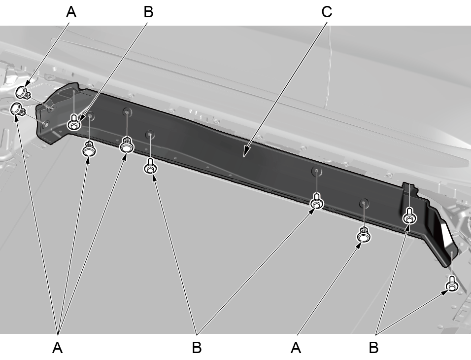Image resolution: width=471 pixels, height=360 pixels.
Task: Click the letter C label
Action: [327, 12]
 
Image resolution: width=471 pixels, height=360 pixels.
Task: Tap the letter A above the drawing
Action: [71, 12]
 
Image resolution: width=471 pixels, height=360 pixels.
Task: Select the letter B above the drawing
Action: [148, 12]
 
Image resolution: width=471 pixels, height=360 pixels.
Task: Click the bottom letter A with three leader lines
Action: [57, 348]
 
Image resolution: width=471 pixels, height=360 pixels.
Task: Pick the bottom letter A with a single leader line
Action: [296, 348]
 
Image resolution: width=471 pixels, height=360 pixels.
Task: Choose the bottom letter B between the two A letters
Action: [197, 348]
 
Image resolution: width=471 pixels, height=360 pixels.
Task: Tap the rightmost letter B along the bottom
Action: [373, 348]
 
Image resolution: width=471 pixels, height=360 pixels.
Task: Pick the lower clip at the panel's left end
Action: [18, 109]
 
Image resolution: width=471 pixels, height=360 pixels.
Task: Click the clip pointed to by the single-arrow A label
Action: [364, 235]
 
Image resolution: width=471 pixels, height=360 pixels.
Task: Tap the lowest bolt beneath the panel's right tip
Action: [452, 284]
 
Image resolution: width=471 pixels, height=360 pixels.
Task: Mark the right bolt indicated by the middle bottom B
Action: [317, 201]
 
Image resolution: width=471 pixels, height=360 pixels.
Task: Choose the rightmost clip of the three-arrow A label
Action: [127, 144]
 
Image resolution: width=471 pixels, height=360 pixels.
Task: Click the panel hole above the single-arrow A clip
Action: [364, 203]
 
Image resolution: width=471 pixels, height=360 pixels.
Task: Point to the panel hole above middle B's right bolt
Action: [317, 172]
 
